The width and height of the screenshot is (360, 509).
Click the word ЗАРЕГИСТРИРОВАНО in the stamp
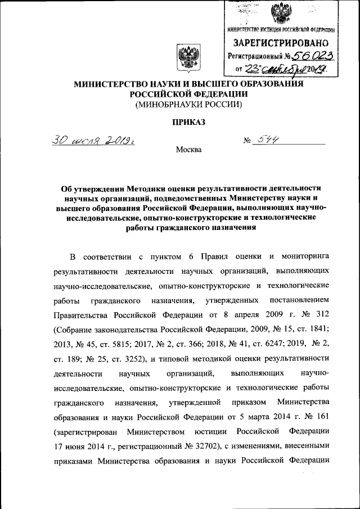pos(282,43)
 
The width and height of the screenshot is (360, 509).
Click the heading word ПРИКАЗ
pos(186,122)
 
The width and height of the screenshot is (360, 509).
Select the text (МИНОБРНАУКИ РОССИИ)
pos(187,105)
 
